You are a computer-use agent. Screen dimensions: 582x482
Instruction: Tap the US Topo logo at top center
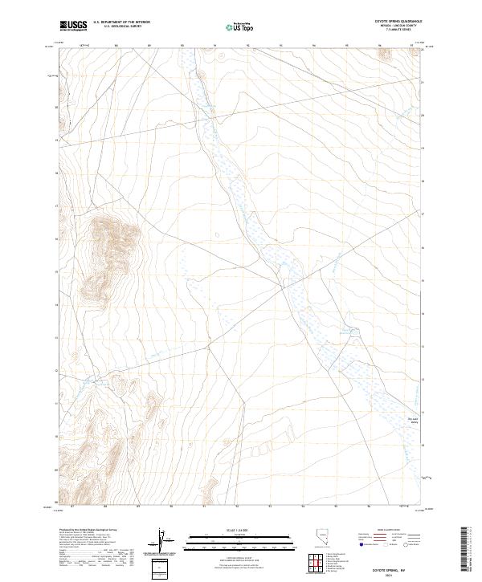coord(241,27)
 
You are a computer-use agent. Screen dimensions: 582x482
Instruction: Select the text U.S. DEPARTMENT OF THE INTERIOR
coord(121,22)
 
